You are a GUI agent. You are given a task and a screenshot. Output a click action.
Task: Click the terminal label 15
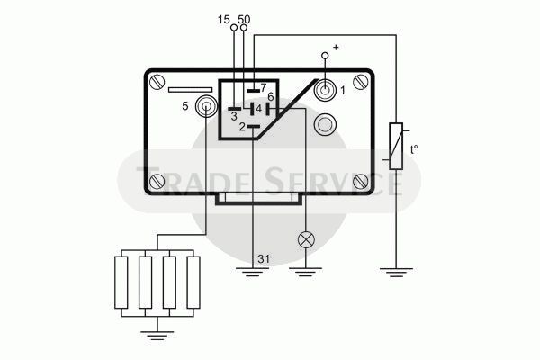[x=223, y=20]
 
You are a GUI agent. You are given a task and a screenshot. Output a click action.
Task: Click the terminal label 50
[x=244, y=20]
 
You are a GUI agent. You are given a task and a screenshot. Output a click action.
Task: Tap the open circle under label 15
[x=234, y=28]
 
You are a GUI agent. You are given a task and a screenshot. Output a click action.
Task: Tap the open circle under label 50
[x=244, y=28]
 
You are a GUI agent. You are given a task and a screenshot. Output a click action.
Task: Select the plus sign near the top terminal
[x=336, y=47]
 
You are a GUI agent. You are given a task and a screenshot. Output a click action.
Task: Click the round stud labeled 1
[x=325, y=90]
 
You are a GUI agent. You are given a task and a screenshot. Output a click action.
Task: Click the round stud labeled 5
[x=206, y=106]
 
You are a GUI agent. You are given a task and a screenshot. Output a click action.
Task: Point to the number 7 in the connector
[x=264, y=88]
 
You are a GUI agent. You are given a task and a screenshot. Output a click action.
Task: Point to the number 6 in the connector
[x=270, y=97]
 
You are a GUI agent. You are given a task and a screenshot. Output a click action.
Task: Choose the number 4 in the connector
[x=258, y=109]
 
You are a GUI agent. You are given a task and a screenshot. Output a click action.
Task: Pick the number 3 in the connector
[x=234, y=117]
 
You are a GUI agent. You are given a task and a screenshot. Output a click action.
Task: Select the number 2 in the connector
[x=242, y=127]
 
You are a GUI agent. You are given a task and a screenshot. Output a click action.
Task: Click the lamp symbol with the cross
[x=306, y=239]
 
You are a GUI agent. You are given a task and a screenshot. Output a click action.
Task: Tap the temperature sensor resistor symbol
[x=396, y=146]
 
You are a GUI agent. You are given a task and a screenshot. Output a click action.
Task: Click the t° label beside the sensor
[x=414, y=150]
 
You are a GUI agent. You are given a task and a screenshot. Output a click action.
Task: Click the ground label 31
[x=264, y=258]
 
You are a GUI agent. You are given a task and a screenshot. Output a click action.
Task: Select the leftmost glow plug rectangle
[x=121, y=283]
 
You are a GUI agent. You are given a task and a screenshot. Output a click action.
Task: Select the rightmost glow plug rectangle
[x=193, y=283]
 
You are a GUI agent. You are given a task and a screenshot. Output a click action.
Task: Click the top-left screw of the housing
[x=157, y=82]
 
